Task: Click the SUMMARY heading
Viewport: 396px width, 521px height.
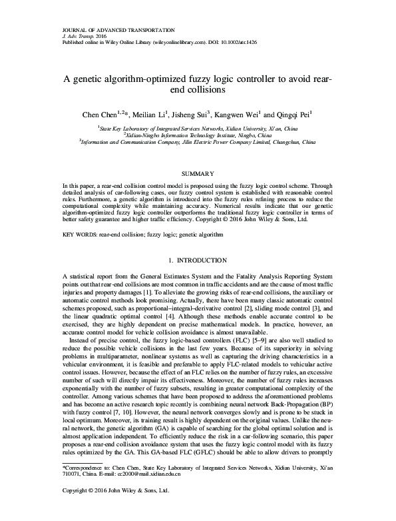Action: click(198, 173)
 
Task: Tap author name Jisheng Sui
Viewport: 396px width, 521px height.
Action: click(209, 114)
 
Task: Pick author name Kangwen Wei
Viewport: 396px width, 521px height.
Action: click(258, 114)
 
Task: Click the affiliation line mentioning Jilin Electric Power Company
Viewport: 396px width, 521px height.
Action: click(198, 141)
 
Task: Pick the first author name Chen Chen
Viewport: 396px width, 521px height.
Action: click(98, 114)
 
